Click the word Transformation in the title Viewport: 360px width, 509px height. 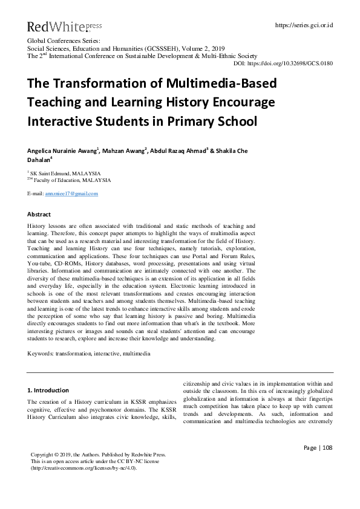pos(94,83)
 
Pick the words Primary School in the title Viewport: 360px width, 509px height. pos(216,121)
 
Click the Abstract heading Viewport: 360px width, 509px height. pos(39,215)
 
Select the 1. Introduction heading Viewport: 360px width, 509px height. pos(48,390)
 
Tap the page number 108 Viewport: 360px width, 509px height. pos(327,447)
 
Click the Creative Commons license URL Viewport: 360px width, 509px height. pos(83,467)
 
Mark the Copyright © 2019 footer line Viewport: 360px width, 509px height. pos(98,454)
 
